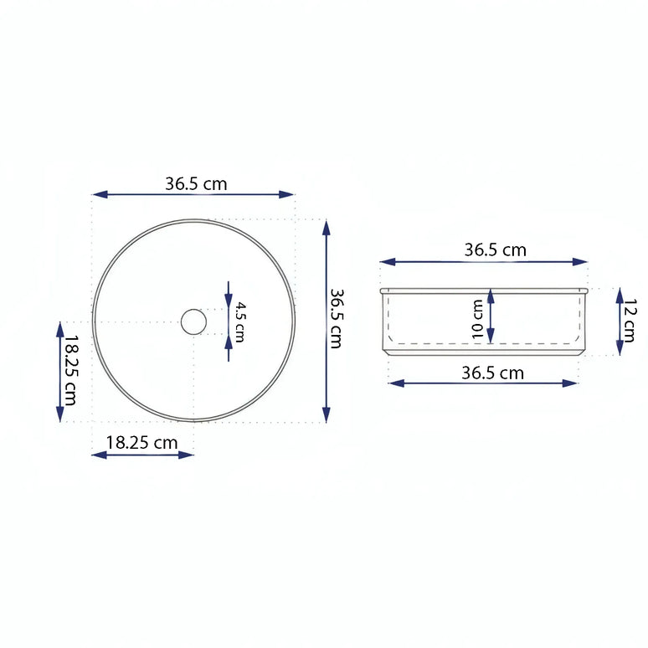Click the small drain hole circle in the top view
point(193,321)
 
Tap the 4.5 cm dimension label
point(239,321)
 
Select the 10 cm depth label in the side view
point(478,319)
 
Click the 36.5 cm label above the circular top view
point(195,184)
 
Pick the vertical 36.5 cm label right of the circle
point(336,319)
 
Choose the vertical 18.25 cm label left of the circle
point(70,371)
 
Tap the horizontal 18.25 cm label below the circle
point(142,443)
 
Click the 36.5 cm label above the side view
point(496,249)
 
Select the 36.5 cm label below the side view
point(493,373)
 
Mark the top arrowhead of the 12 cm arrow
point(620,294)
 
